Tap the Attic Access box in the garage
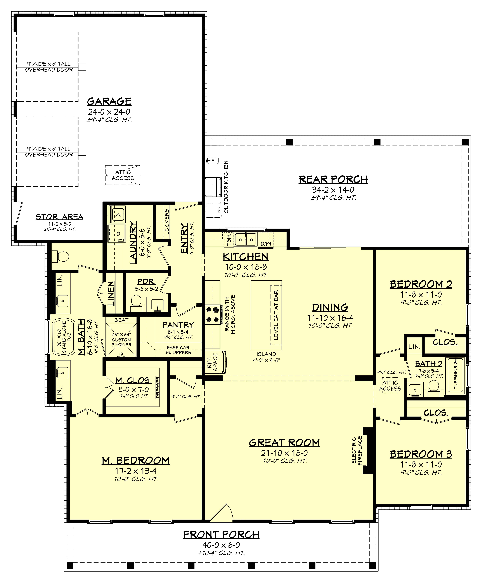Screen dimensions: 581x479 (123, 175)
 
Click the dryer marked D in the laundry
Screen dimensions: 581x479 (117, 233)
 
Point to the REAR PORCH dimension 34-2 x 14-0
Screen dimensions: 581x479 (333, 190)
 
